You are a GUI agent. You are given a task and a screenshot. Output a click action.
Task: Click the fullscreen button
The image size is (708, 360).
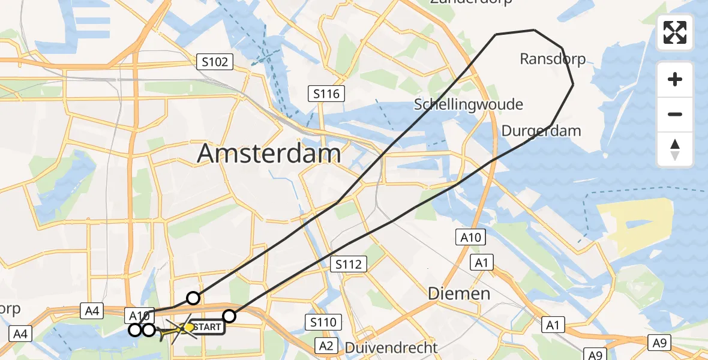[675, 32]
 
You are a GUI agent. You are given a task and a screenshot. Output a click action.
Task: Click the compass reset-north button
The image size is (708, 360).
[675, 149]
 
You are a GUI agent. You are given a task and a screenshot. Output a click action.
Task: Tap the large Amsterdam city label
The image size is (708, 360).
[269, 154]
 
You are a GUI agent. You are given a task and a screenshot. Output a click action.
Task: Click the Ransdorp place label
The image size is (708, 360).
[552, 59]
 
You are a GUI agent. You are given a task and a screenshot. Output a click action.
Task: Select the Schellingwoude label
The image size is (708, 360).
[468, 104]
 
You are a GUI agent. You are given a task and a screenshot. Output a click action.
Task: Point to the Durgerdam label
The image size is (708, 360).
[541, 131]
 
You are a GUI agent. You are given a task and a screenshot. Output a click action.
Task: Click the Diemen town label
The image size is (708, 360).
[459, 293]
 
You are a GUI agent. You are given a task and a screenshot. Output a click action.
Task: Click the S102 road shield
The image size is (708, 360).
[214, 62]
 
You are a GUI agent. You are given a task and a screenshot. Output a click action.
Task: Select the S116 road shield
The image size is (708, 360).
[326, 94]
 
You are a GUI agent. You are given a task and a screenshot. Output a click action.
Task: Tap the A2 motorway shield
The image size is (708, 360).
[326, 346]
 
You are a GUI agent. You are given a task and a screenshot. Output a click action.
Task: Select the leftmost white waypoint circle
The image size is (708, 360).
[136, 329]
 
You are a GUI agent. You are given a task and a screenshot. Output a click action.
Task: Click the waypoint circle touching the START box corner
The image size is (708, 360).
[229, 316]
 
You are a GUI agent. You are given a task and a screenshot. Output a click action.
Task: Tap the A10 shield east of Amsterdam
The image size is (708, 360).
[471, 238]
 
